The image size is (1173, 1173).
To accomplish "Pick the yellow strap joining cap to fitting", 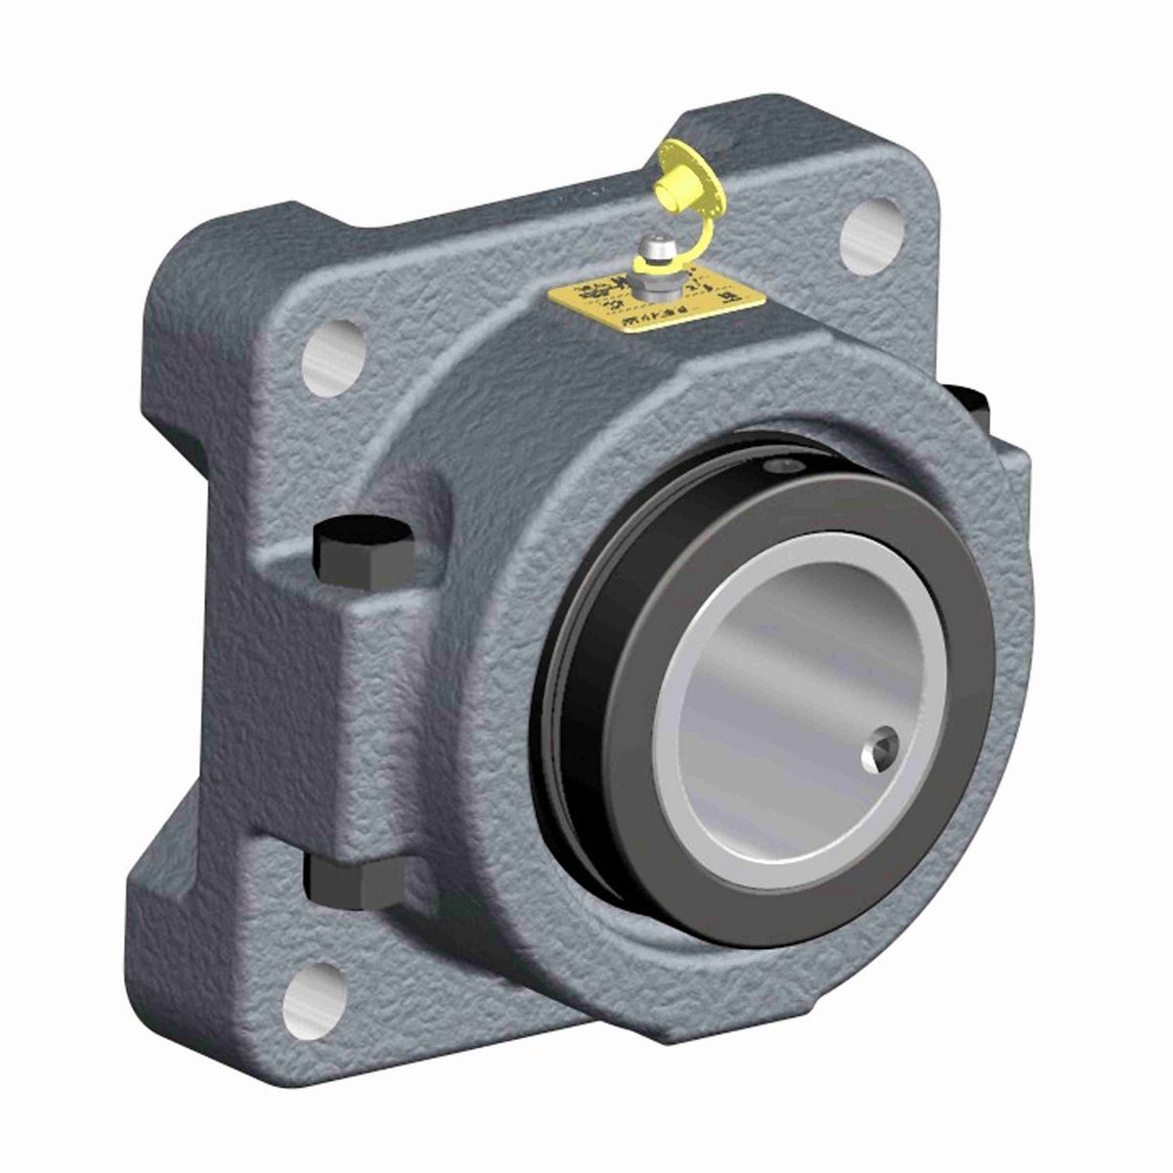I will coord(709,235).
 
